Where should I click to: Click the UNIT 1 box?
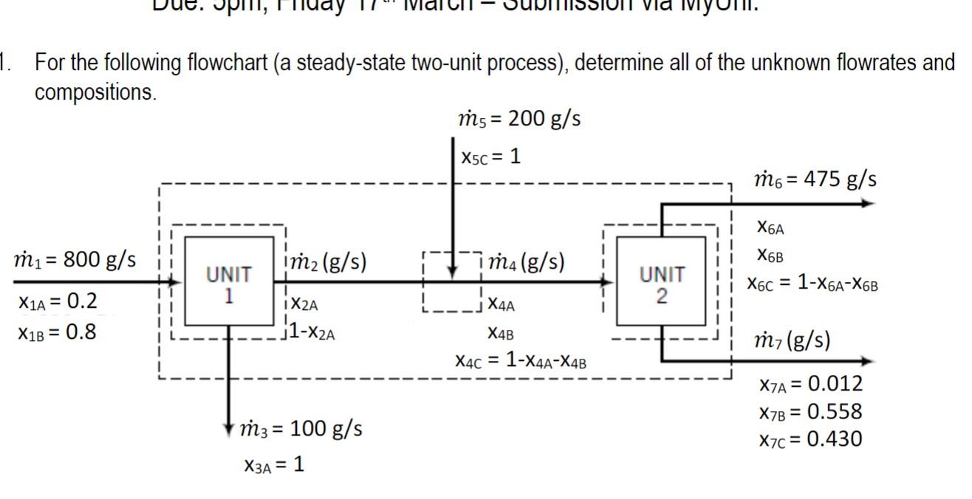click(x=228, y=281)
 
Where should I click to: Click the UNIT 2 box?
click(x=661, y=281)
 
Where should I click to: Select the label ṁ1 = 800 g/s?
click(x=75, y=260)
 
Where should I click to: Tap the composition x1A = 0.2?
click(x=57, y=301)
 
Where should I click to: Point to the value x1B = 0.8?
click(x=57, y=331)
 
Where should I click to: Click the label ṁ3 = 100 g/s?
click(x=301, y=429)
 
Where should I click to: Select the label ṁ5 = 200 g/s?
click(x=519, y=119)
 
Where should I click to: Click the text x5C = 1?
click(x=491, y=156)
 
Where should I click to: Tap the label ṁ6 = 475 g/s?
click(x=815, y=179)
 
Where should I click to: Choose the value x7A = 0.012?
click(x=810, y=384)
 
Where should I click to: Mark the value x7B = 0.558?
click(x=810, y=411)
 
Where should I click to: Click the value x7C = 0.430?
click(x=810, y=439)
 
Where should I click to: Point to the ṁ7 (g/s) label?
click(x=791, y=340)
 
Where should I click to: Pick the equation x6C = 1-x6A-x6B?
click(x=812, y=283)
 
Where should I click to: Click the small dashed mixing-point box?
click(x=452, y=281)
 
